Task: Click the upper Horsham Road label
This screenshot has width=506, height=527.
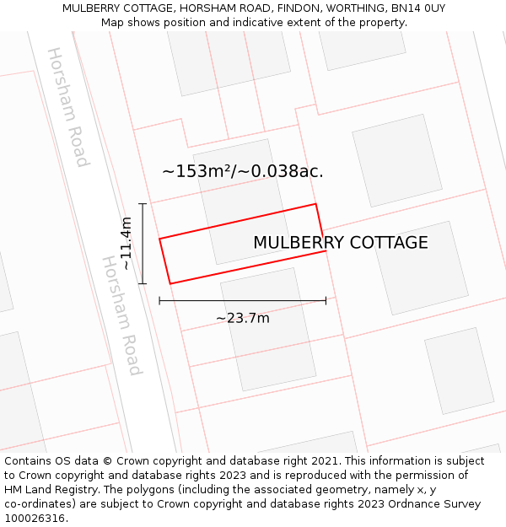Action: pos(67,107)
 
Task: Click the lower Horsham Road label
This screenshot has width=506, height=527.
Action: pos(122,315)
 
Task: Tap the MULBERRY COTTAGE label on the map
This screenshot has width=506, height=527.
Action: pos(341,243)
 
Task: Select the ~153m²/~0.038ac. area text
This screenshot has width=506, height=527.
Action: pos(243,171)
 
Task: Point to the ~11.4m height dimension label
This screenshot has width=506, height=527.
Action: pos(126,244)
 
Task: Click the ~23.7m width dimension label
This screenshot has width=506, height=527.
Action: pos(243,318)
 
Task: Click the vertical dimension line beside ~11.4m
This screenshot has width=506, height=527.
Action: pos(143,244)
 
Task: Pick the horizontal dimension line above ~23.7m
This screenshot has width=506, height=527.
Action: pos(243,300)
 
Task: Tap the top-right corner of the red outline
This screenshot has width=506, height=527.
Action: pos(315,204)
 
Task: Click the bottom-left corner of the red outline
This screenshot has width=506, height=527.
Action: pos(170,283)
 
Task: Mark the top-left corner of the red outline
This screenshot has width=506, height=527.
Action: pos(159,239)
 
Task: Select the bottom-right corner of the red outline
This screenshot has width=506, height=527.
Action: pos(326,250)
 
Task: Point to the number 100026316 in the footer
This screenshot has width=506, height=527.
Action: pos(34,519)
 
